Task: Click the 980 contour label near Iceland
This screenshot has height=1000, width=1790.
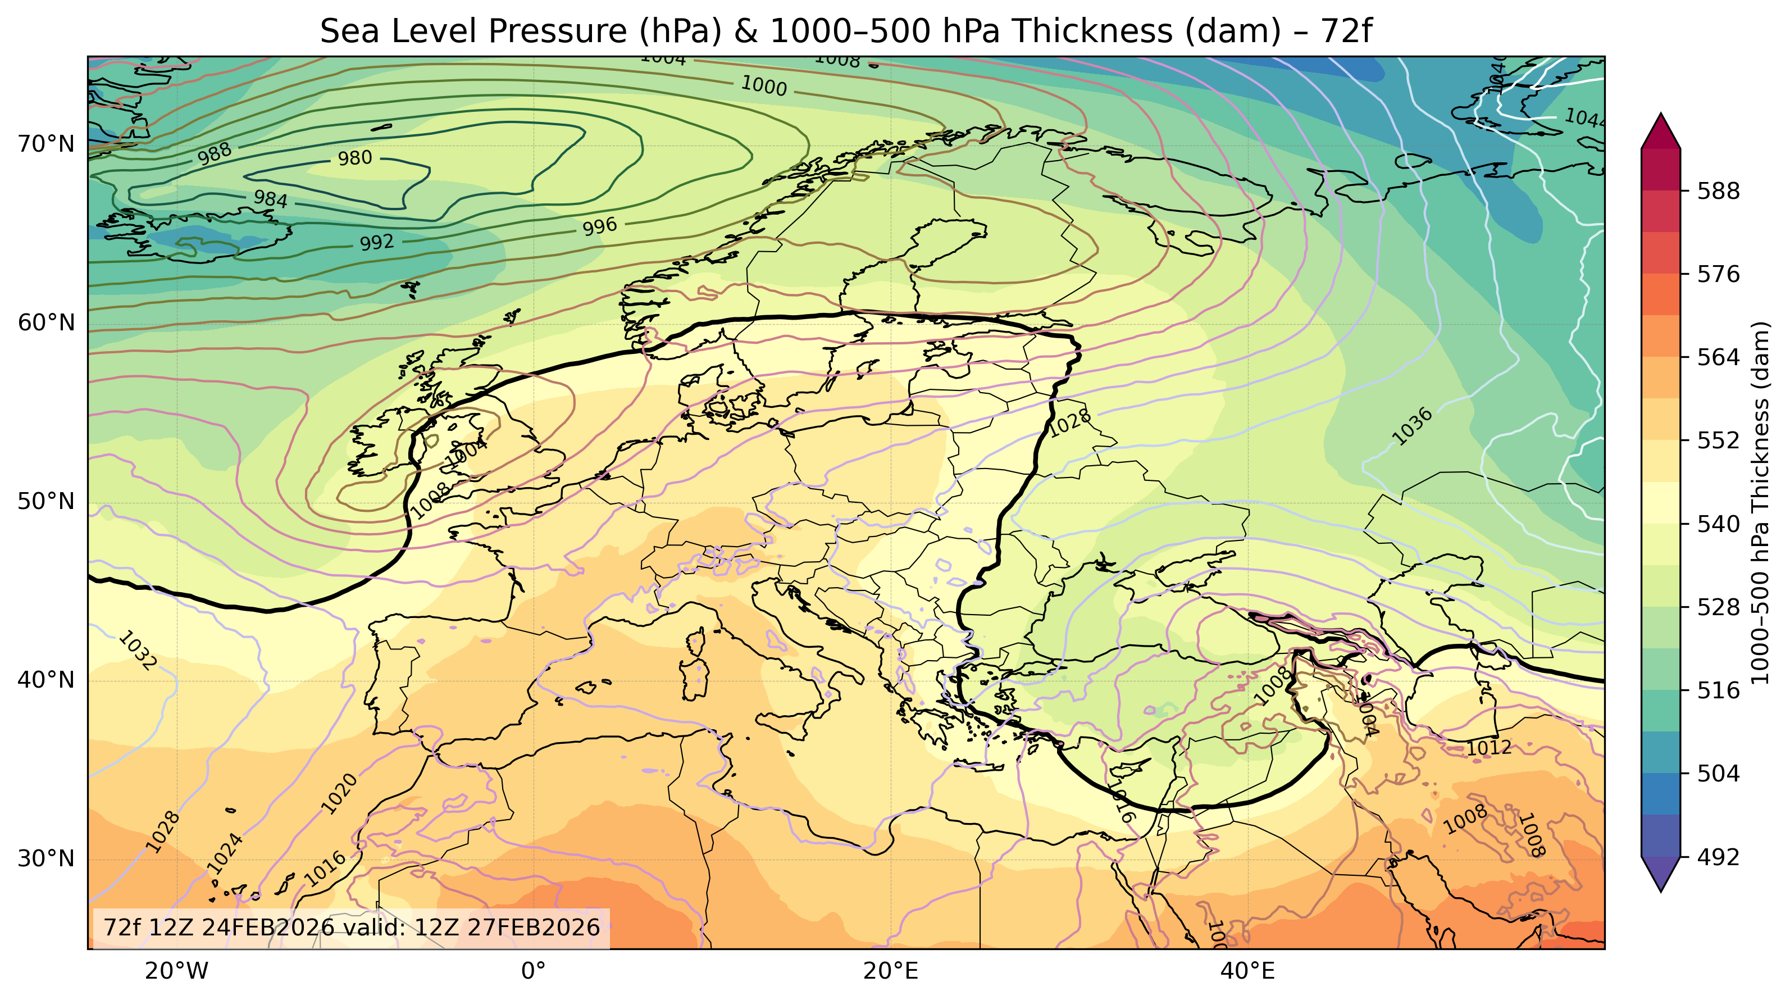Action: pos(355,158)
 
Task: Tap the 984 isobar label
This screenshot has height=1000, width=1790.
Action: pos(270,199)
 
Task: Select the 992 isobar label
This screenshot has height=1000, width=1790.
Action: pos(377,243)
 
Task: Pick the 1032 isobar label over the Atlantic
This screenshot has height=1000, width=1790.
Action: pos(138,651)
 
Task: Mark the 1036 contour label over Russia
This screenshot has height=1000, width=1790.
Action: pos(1412,426)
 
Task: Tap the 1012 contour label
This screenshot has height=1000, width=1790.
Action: pos(1488,748)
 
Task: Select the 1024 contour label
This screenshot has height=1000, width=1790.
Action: pos(225,853)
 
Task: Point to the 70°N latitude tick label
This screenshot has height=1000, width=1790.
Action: pos(46,144)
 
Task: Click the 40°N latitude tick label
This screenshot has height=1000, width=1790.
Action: pos(46,680)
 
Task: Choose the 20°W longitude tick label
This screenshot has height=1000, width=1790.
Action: pos(176,971)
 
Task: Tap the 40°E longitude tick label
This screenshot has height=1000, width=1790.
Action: pos(1248,971)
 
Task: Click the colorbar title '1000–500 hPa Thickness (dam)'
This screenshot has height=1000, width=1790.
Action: pos(1760,502)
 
